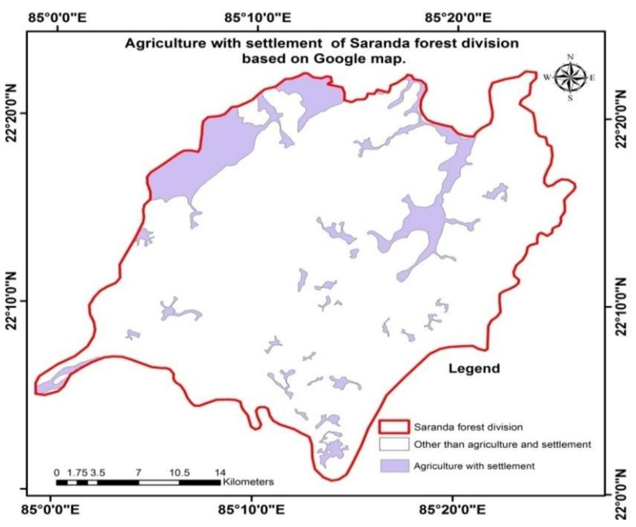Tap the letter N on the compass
click(x=570, y=58)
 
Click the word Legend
click(x=474, y=369)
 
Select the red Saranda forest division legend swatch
click(x=394, y=427)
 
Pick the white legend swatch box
click(x=394, y=444)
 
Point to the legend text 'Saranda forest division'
click(x=468, y=427)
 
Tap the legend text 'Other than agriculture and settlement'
click(x=502, y=444)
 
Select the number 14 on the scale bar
click(x=220, y=473)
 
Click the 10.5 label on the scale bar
click(x=180, y=473)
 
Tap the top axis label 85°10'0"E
click(x=258, y=18)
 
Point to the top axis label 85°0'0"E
click(x=57, y=18)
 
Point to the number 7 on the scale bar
click(x=138, y=473)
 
